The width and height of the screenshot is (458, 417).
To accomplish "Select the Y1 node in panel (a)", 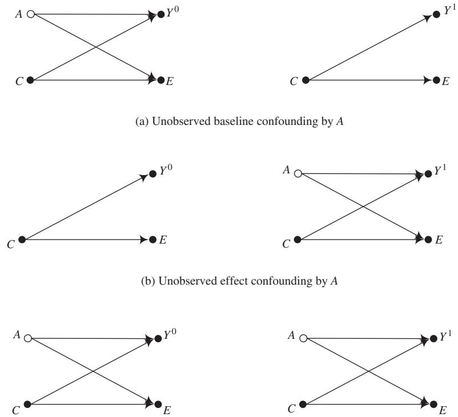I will click(x=437, y=14).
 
